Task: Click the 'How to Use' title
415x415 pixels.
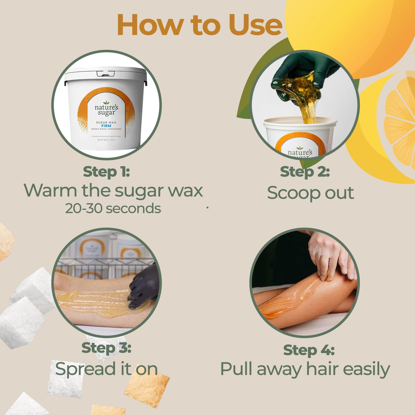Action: (199, 25)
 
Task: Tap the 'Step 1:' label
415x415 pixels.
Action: (106, 172)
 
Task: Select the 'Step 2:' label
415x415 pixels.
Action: (305, 172)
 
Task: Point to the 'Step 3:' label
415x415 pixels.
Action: (106, 348)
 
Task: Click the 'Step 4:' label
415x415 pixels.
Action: (309, 350)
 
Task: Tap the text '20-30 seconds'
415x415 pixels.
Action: (113, 209)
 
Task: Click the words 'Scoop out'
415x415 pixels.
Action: (310, 193)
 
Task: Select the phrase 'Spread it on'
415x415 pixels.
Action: (106, 369)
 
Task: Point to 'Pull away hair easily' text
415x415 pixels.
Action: (305, 369)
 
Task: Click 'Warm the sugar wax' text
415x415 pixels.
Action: (113, 191)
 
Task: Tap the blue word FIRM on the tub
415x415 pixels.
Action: (106, 126)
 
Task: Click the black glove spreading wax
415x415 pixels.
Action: (144, 287)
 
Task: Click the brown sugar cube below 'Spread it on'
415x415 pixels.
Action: (146, 389)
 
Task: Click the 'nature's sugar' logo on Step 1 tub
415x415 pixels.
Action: (106, 109)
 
